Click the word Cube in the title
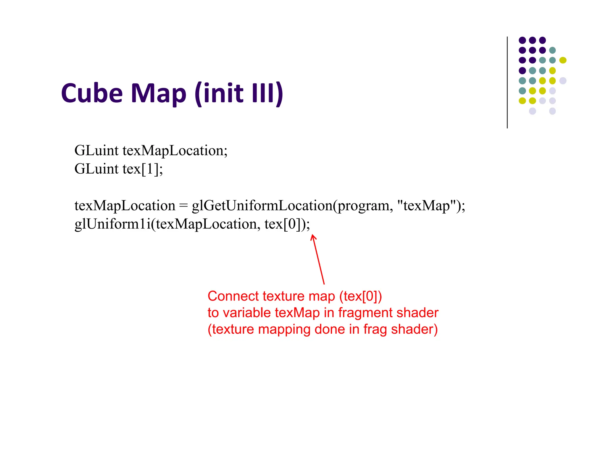92,93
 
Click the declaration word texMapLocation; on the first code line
175,151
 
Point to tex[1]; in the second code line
143,169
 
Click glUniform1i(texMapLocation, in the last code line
167,224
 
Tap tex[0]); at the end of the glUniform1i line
287,224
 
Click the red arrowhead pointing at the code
313,237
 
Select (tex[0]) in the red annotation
360,296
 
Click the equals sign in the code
183,206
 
